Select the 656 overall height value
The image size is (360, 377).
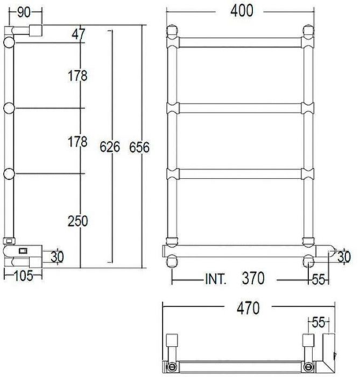(139, 146)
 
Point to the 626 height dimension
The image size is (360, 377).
(110, 146)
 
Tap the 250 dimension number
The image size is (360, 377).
(77, 220)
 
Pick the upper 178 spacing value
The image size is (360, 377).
(77, 76)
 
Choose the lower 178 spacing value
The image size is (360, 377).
(77, 142)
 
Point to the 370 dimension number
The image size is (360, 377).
(252, 279)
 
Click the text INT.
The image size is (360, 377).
(216, 280)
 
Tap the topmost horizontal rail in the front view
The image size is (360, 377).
(241, 42)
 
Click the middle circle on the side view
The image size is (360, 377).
(9, 108)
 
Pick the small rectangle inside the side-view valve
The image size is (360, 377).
(23, 250)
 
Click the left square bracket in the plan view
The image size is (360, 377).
(172, 340)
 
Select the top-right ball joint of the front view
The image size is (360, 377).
(308, 31)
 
